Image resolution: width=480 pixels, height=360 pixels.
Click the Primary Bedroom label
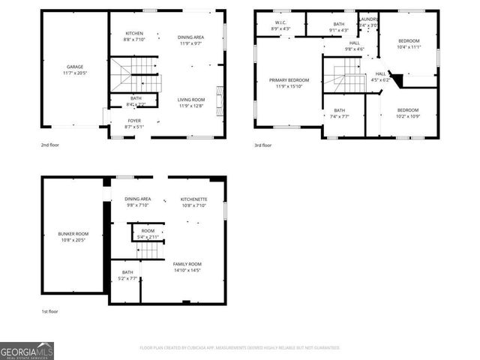click(x=289, y=82)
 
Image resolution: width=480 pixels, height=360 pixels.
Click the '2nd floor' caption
click(x=50, y=145)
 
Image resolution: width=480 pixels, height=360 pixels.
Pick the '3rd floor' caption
click(x=262, y=145)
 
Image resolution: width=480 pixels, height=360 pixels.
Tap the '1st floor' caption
click(x=50, y=310)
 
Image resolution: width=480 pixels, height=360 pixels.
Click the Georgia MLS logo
click(x=27, y=350)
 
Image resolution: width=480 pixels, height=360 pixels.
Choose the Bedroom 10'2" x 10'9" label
click(x=408, y=112)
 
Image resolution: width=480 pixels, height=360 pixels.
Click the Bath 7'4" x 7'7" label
click(x=339, y=113)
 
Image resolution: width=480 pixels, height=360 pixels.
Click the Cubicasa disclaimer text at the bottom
click(x=239, y=348)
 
